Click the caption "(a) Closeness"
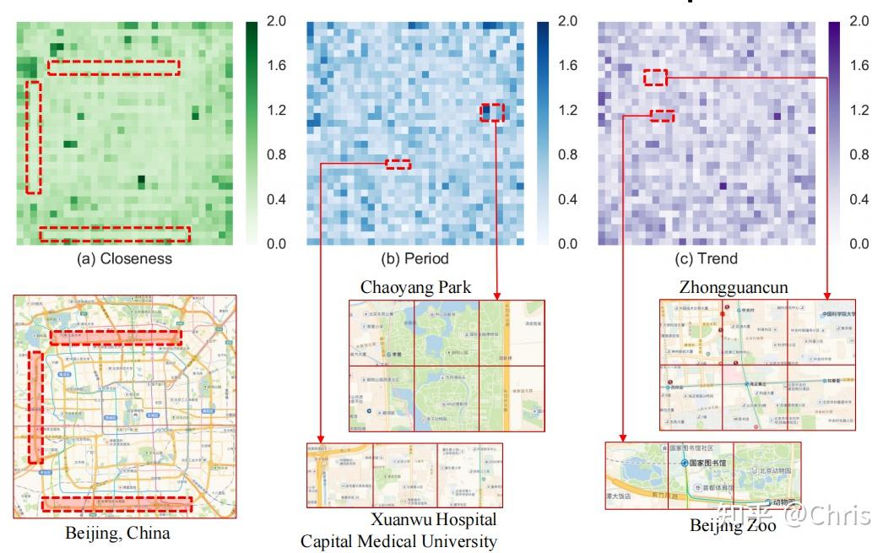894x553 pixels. click(124, 259)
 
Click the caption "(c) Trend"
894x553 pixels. click(704, 259)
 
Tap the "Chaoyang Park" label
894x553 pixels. click(415, 287)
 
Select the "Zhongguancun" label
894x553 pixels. click(734, 287)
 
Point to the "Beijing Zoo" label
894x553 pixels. click(733, 526)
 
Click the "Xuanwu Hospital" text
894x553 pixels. click(434, 519)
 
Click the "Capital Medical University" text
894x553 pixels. click(398, 541)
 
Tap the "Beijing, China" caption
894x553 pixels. click(117, 533)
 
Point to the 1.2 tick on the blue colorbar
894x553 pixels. click(568, 111)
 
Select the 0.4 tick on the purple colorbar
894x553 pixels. click(859, 200)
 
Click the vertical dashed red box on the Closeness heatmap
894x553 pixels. click(34, 137)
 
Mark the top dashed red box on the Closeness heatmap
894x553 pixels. click(113, 68)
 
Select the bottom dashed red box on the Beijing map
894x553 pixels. click(116, 504)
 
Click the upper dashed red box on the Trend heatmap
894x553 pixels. click(655, 78)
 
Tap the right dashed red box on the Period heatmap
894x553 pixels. click(492, 112)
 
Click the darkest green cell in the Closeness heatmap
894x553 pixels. click(141, 180)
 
